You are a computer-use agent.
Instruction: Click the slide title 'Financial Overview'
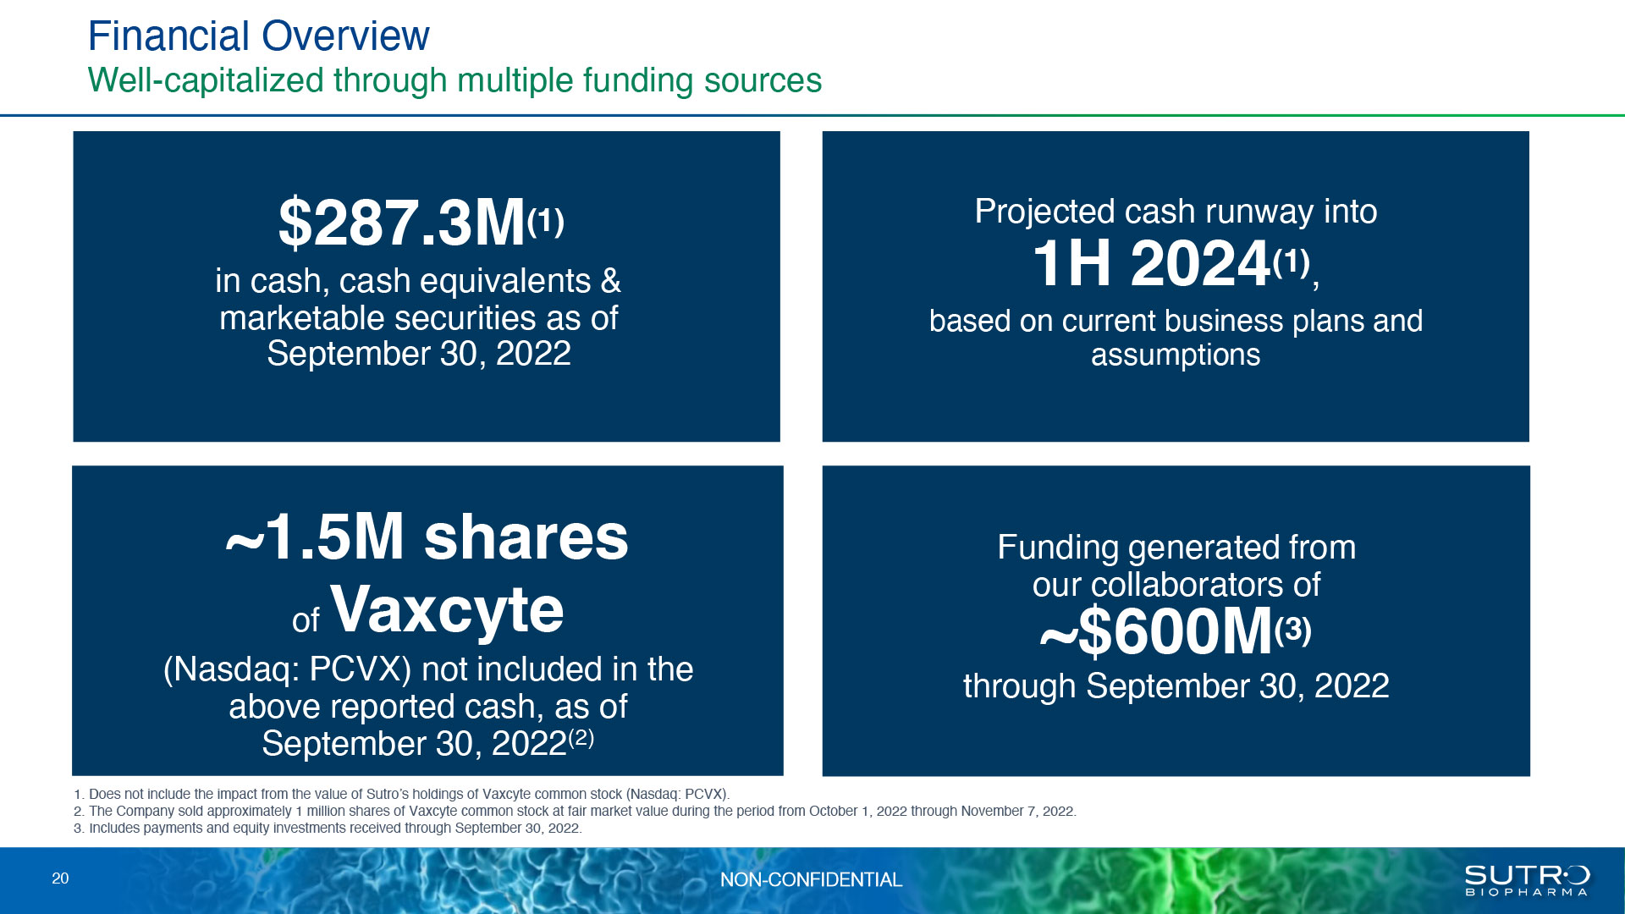[x=259, y=36]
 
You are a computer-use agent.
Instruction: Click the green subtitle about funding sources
[x=454, y=80]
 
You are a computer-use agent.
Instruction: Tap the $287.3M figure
[x=402, y=223]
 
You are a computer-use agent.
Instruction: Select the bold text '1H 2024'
[x=1151, y=263]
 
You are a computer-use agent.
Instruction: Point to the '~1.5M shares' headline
[x=427, y=537]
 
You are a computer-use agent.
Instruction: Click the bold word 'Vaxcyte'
[x=447, y=608]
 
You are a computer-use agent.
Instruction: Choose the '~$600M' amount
[x=1156, y=631]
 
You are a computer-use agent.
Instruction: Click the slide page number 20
[x=60, y=878]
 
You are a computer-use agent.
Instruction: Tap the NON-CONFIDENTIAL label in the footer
[x=811, y=880]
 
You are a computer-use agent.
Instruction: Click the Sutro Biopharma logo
[x=1527, y=880]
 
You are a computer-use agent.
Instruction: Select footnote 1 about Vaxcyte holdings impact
[x=402, y=794]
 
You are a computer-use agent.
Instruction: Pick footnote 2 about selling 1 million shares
[x=575, y=811]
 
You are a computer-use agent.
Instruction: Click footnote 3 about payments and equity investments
[x=328, y=828]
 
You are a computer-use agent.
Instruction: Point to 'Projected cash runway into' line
[x=1176, y=212]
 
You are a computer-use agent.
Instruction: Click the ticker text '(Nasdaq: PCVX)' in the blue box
[x=287, y=669]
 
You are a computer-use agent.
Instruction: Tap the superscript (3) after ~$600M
[x=1292, y=630]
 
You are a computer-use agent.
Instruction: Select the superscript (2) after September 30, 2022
[x=581, y=738]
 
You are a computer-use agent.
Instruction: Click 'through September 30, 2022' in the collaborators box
[x=1176, y=686]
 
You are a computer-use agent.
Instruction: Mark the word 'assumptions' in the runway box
[x=1176, y=355]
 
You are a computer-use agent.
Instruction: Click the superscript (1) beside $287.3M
[x=545, y=222]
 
